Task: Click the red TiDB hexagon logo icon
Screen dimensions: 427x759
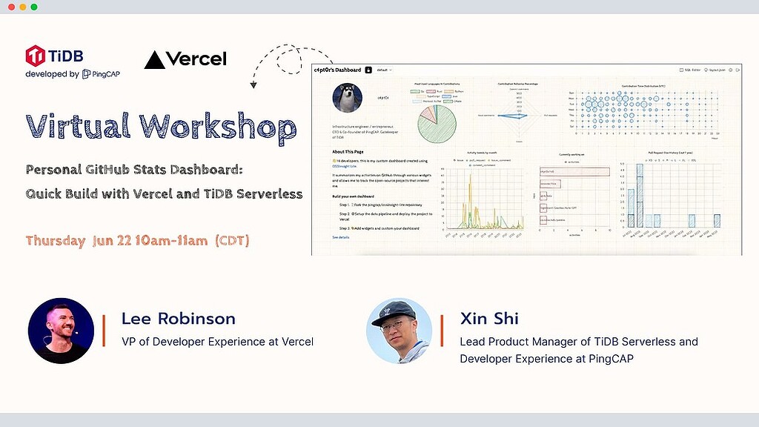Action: pyautogui.click(x=35, y=55)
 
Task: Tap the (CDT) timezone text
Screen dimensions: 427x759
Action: pyautogui.click(x=232, y=241)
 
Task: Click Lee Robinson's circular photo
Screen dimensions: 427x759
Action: pyautogui.click(x=61, y=330)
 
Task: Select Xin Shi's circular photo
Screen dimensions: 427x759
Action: pyautogui.click(x=400, y=330)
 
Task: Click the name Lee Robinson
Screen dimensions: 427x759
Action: pyautogui.click(x=178, y=319)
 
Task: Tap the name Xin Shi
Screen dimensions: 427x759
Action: pyautogui.click(x=489, y=319)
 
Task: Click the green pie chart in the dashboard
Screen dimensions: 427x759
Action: pyautogui.click(x=437, y=122)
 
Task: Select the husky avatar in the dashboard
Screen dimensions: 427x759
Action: pyautogui.click(x=347, y=97)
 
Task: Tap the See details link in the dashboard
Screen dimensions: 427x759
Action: pyautogui.click(x=340, y=237)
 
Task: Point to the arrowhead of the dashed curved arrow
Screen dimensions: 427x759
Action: pyautogui.click(x=253, y=85)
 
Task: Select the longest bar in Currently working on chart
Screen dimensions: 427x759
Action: pyautogui.click(x=574, y=171)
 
